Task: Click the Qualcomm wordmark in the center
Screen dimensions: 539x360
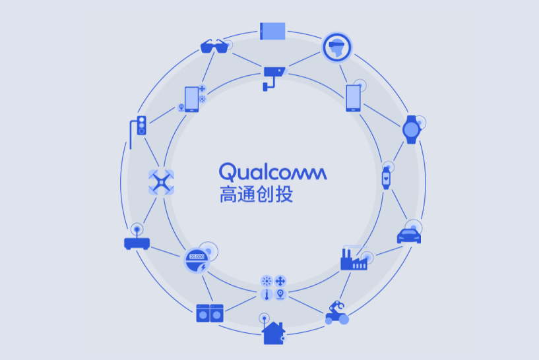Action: [272, 173]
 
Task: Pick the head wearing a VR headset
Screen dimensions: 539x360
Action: [336, 46]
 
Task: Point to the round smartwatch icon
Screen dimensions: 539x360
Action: [411, 129]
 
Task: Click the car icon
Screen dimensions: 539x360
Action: [409, 235]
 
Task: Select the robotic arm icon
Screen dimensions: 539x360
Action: [337, 312]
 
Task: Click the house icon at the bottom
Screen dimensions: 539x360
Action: [273, 332]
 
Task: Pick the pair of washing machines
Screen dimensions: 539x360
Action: [210, 313]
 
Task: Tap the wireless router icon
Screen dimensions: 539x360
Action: [137, 241]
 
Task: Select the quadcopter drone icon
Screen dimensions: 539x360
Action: [162, 181]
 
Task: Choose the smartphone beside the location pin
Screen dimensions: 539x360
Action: [192, 99]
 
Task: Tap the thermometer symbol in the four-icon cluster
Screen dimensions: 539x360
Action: [267, 295]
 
